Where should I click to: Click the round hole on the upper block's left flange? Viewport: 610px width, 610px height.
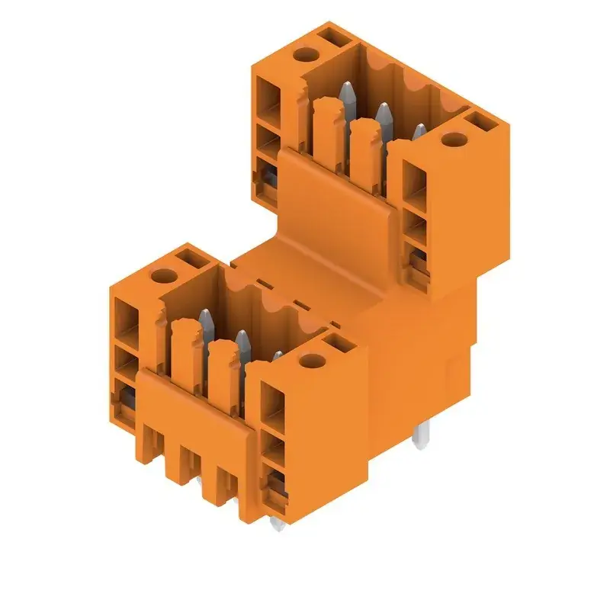304,55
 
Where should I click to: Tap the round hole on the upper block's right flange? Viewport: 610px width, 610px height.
454,140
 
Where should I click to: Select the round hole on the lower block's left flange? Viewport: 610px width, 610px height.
162,277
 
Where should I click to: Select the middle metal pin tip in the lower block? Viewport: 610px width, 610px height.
242,338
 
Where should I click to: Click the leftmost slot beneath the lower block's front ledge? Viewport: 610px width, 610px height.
152,445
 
